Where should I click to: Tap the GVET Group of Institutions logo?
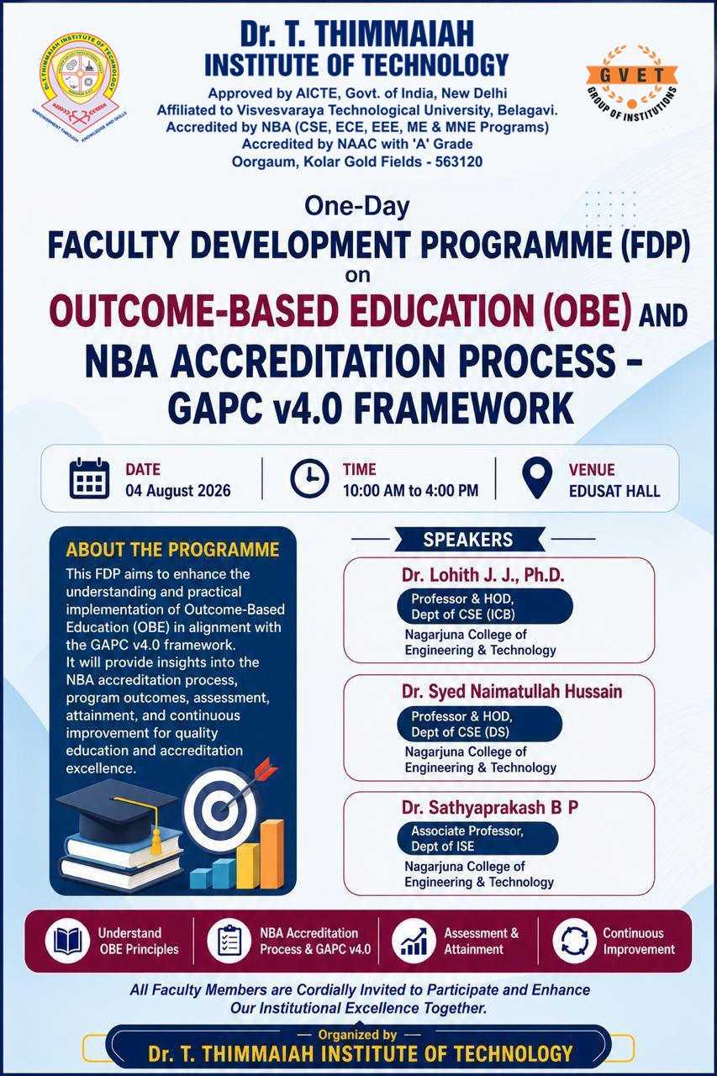click(631, 83)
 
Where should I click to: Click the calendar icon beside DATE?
click(89, 478)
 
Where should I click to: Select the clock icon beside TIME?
click(310, 478)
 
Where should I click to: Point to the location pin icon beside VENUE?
click(537, 477)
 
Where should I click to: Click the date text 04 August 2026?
click(178, 491)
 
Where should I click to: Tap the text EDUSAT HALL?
click(614, 491)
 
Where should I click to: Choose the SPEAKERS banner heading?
click(468, 540)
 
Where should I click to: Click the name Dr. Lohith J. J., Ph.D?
click(483, 575)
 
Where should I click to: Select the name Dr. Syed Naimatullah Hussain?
click(512, 691)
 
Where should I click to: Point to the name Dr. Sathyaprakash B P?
click(490, 808)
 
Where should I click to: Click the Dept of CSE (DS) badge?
click(479, 724)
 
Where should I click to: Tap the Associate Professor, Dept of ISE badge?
click(477, 838)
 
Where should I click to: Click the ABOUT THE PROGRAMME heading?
click(173, 550)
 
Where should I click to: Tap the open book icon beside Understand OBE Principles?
click(67, 941)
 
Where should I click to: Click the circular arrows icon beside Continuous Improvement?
click(574, 941)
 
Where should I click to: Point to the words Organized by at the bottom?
click(358, 1034)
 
